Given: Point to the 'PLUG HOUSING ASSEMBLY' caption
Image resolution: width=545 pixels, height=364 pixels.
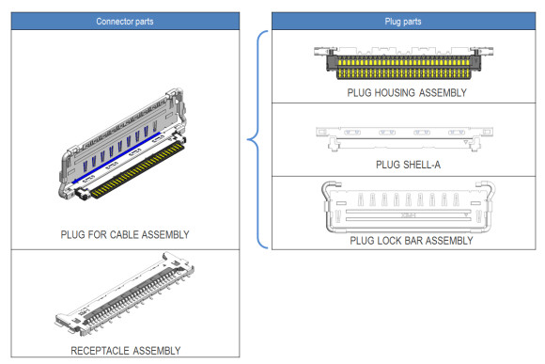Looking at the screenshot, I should [406, 92].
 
